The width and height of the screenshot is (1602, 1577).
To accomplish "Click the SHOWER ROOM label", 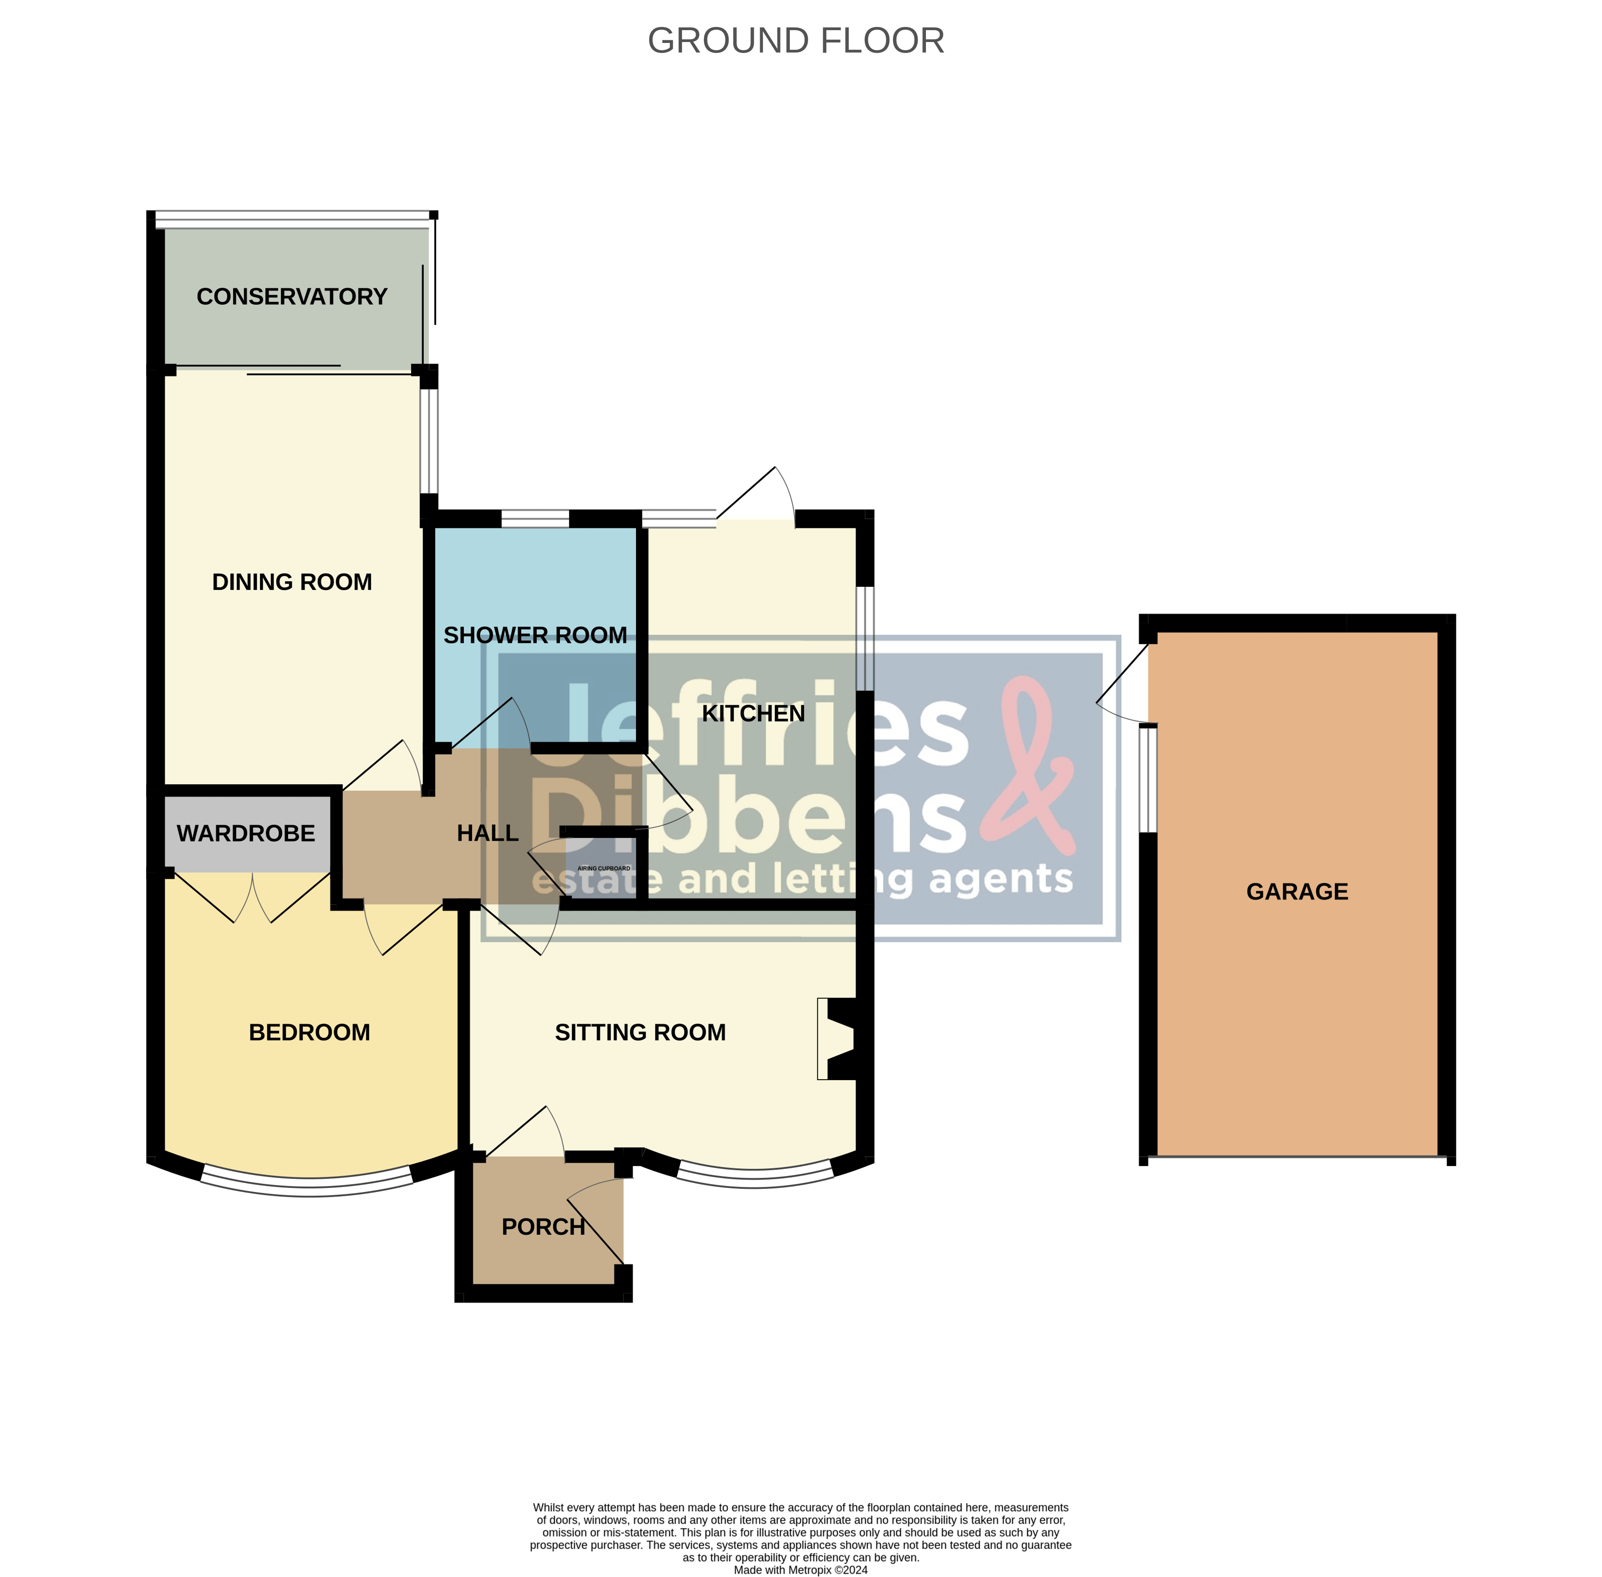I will pyautogui.click(x=535, y=635).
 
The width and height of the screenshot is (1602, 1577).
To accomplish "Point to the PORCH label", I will pyautogui.click(x=544, y=1227).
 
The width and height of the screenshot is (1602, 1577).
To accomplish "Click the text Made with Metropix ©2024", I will pyautogui.click(x=800, y=1570).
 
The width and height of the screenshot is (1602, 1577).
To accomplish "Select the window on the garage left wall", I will pyautogui.click(x=1147, y=779).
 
